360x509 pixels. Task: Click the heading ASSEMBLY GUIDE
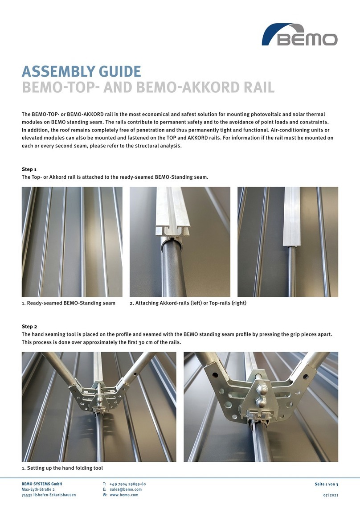pyautogui.click(x=82, y=71)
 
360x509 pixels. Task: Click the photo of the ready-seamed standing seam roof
pyautogui.click(x=72, y=242)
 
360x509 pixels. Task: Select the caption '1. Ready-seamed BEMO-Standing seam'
pyautogui.click(x=69, y=303)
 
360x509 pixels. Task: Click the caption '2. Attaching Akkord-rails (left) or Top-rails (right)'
pyautogui.click(x=188, y=303)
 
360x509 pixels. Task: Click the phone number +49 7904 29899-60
pyautogui.click(x=127, y=484)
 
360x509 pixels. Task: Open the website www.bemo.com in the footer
pyautogui.click(x=124, y=495)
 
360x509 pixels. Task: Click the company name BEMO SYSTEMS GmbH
pyautogui.click(x=42, y=484)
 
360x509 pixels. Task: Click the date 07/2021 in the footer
pyautogui.click(x=330, y=495)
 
